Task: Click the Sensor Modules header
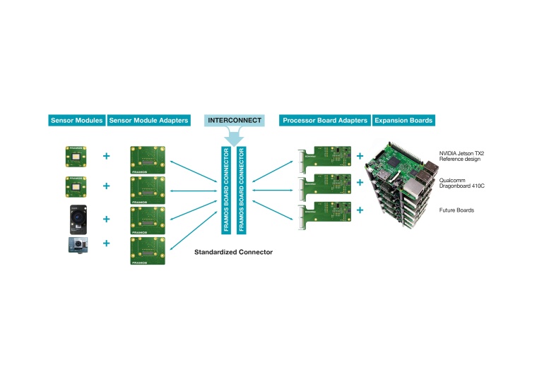pos(77,120)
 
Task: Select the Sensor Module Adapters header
pos(149,120)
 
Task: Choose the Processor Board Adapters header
pos(325,120)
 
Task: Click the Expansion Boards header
pos(403,120)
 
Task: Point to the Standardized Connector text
pos(233,251)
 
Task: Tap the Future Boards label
pos(455,210)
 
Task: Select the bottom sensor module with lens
pos(77,245)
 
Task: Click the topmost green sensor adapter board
pos(148,160)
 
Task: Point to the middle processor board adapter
pos(326,186)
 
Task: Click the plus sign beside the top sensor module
pos(107,155)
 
